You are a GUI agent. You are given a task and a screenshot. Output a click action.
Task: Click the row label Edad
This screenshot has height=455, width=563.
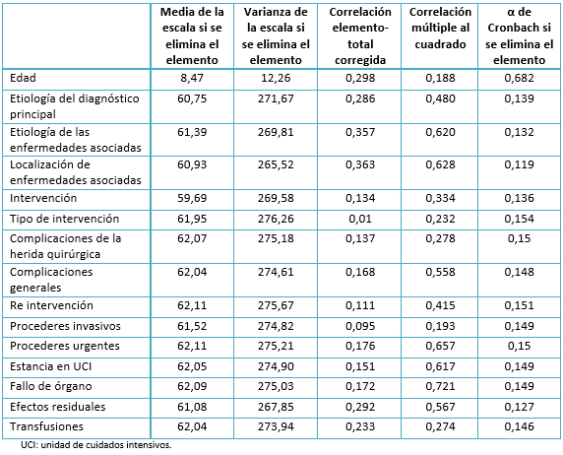point(23,78)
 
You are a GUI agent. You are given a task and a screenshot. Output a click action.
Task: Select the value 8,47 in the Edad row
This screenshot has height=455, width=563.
point(192,78)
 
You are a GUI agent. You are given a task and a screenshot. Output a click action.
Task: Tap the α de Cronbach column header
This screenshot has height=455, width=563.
point(519,35)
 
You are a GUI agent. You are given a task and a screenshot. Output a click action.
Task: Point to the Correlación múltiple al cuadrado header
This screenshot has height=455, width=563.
point(440,28)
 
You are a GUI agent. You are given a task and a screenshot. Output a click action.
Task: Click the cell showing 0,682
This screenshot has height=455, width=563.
point(519,78)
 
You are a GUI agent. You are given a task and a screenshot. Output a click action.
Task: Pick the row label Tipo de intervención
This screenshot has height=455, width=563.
point(64,219)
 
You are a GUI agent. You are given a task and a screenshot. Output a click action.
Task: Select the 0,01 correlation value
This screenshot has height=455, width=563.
point(360,219)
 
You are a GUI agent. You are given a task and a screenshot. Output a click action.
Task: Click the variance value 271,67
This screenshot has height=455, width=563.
point(276,98)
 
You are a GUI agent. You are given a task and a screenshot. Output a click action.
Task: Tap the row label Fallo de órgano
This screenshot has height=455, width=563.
point(51,386)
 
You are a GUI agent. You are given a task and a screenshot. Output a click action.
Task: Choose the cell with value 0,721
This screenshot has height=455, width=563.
point(440,386)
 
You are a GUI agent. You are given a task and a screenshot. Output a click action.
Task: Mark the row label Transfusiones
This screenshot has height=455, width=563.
point(46,426)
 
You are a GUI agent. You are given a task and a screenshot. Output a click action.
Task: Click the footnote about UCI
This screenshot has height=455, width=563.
point(96,445)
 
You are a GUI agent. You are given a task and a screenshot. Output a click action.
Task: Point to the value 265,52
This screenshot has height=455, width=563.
point(276,164)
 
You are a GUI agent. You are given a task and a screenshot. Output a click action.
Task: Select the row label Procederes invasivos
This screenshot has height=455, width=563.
point(65,326)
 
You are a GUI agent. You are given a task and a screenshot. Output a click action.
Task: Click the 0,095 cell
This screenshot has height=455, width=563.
point(360,326)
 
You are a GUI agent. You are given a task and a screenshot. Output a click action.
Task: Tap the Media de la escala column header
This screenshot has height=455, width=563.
point(192,35)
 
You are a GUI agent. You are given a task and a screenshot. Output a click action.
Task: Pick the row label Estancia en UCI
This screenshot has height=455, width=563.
point(50,366)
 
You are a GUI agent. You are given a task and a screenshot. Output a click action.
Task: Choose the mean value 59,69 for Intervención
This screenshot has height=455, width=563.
point(192,198)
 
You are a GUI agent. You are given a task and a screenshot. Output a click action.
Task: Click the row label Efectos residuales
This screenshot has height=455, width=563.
point(58,407)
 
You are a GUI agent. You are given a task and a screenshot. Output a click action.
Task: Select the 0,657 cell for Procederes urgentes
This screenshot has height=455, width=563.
point(440,346)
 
